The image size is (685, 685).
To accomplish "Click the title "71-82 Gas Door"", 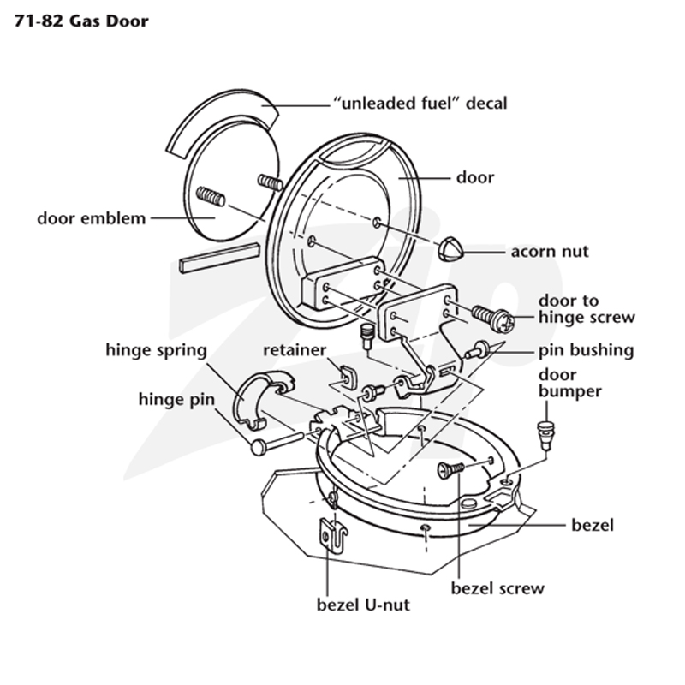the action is coord(81,21).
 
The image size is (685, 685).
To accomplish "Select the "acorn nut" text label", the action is coord(550,252).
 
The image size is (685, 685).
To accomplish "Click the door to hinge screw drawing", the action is coord(493,317).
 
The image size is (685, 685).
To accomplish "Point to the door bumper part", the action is coord(545,435).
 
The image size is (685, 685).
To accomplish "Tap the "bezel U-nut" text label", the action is coord(363,605).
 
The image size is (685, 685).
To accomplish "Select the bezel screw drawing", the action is coord(450,469).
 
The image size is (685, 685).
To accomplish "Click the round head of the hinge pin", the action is coord(259,448).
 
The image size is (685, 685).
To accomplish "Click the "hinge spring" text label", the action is coord(157,351).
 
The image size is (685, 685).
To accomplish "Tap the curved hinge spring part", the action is coord(262,400).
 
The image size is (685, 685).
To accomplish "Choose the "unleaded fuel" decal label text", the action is coord(420,104).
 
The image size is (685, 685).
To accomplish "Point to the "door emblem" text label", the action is coord(92,218).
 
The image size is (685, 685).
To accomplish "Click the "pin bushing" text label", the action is coord(586,351).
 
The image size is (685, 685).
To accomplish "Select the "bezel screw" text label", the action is coord(497,588).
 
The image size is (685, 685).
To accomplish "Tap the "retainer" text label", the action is coord(295,350).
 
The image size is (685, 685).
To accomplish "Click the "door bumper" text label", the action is coord(569,383).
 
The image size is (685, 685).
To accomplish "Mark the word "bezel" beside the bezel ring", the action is coord(593,525).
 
